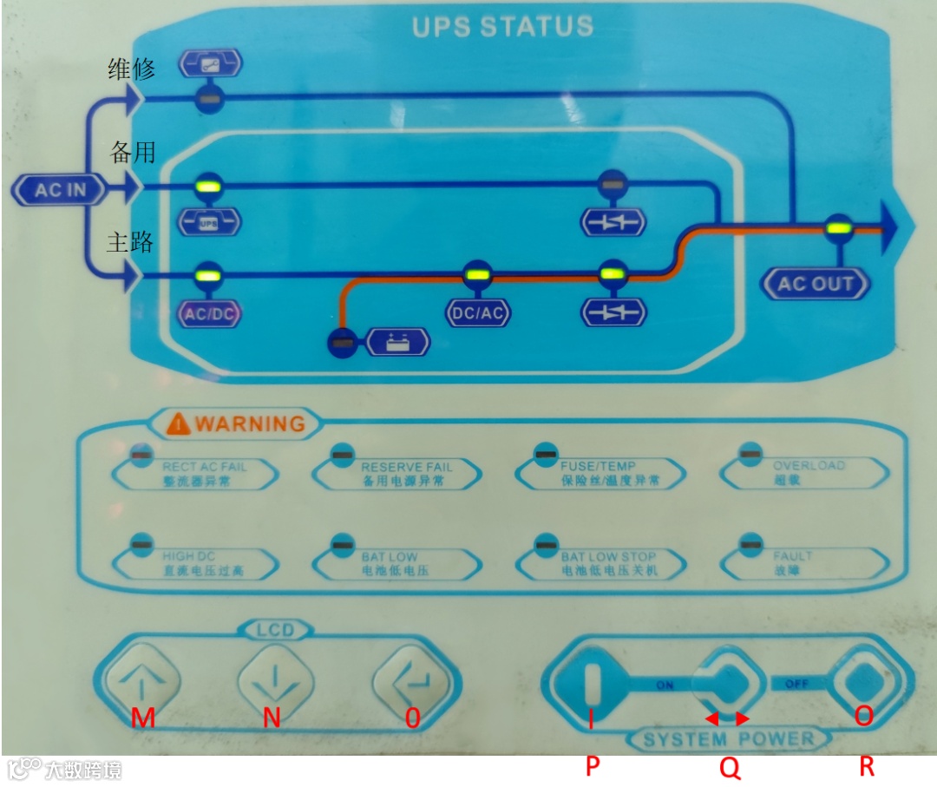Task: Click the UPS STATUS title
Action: click(x=502, y=26)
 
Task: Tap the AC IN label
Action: click(x=60, y=189)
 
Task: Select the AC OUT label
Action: click(x=815, y=283)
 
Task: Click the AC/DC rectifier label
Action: click(x=209, y=313)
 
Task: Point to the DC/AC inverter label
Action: click(x=477, y=314)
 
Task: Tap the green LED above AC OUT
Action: click(x=837, y=228)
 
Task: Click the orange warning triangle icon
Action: click(x=179, y=423)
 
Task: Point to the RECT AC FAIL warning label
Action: click(x=205, y=473)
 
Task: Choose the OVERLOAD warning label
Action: click(x=809, y=472)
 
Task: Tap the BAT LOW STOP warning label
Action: click(x=609, y=563)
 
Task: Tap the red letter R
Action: click(x=866, y=766)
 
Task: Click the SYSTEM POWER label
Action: click(x=729, y=739)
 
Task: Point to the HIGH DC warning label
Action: click(x=203, y=563)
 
